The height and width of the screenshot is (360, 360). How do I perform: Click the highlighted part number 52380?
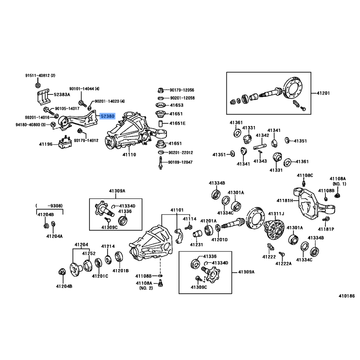108,116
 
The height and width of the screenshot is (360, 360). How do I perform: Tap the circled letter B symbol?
38,85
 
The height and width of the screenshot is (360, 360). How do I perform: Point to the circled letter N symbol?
53,124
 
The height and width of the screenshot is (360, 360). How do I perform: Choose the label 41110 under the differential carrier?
129,154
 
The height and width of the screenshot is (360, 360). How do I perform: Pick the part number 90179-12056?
182,90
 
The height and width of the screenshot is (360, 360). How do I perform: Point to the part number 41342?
262,135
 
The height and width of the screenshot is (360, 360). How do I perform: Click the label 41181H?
285,200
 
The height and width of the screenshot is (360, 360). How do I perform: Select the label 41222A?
284,263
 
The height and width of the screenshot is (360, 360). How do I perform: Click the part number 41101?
176,210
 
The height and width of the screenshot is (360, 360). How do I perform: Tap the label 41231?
197,244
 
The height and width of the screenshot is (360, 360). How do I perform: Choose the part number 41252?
89,253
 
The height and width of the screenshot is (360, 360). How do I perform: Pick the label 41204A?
54,236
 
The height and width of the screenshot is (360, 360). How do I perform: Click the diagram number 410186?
347,297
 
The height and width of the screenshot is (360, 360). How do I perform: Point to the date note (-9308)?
49,206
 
